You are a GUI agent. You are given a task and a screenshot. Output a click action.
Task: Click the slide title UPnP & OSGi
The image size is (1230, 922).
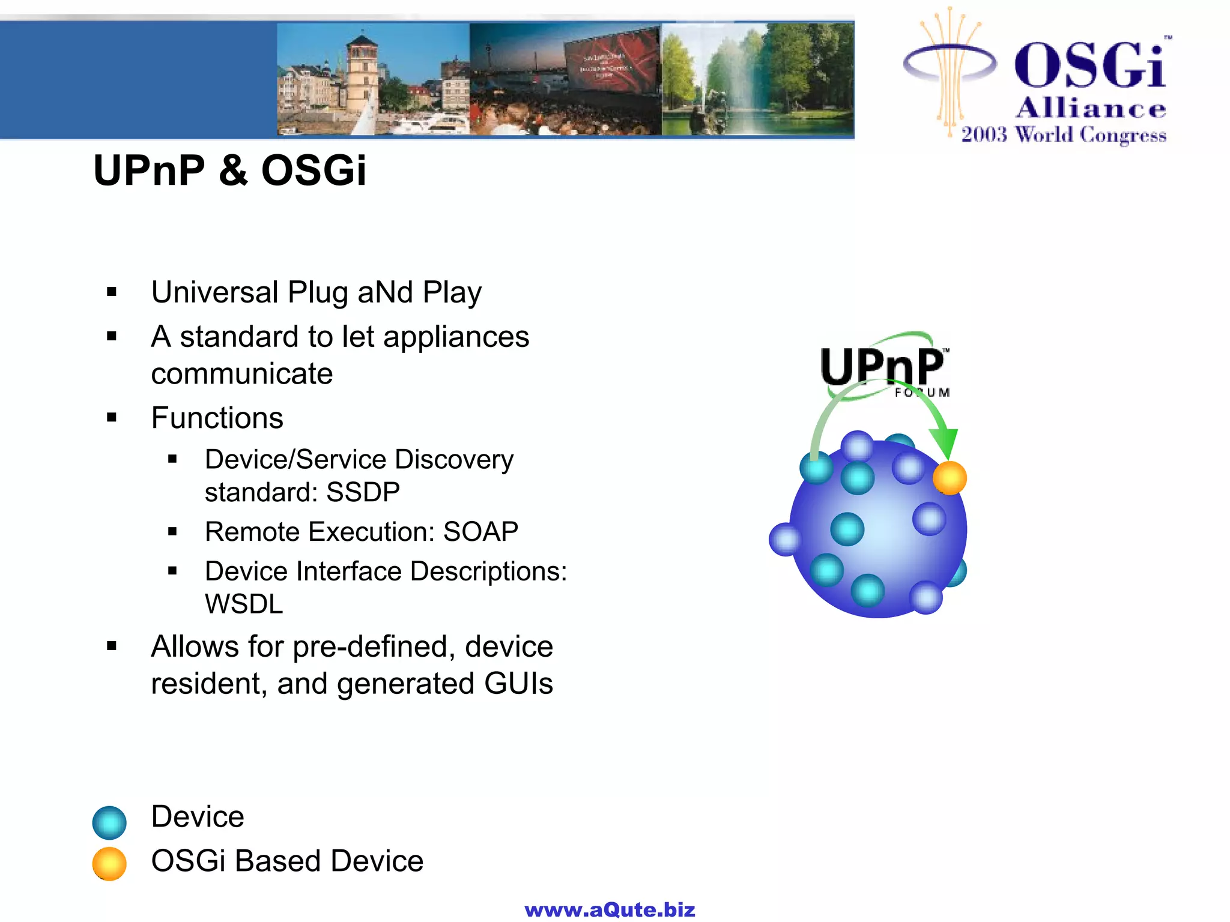229,170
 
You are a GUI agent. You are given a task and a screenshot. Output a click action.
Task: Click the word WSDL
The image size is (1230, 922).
243,604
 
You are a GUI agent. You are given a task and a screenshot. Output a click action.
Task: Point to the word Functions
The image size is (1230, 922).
217,418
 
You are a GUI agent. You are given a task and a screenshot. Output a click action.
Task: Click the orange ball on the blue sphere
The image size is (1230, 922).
950,478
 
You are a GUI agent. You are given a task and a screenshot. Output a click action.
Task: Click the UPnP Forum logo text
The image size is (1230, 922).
882,367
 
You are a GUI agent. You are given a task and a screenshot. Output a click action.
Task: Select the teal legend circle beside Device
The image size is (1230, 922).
109,822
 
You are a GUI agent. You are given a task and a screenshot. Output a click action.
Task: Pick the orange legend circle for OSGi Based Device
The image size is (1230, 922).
109,864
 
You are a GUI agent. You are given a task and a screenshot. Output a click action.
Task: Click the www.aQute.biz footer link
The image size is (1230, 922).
610,910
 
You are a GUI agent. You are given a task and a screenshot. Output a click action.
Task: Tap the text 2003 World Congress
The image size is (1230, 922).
1064,134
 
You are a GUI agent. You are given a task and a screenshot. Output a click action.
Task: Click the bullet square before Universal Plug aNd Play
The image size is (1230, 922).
112,293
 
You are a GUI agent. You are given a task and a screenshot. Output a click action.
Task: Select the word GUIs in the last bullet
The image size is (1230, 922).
518,684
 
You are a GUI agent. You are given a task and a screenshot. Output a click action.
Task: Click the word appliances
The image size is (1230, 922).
456,337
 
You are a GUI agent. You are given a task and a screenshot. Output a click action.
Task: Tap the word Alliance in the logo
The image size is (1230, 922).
1091,109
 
